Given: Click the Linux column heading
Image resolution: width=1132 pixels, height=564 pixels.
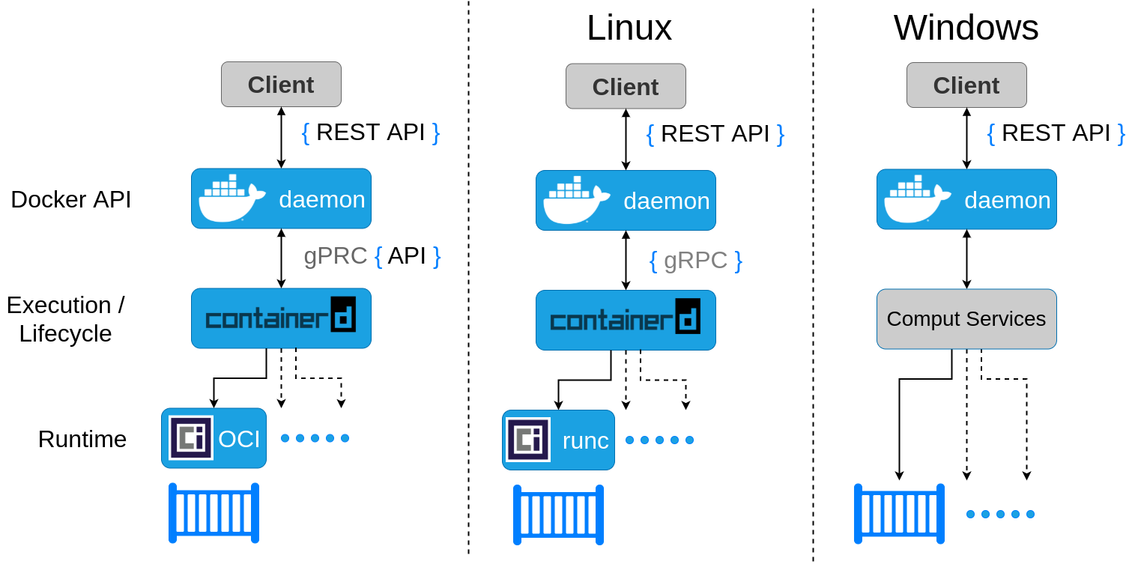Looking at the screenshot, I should (x=629, y=28).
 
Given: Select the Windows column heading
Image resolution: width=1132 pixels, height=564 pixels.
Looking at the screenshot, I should (x=966, y=28).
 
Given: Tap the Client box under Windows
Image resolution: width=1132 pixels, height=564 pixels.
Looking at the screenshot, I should (x=966, y=85).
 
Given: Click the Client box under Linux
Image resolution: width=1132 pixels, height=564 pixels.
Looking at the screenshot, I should (x=626, y=87).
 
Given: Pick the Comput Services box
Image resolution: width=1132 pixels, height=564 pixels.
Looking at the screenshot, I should (x=966, y=319).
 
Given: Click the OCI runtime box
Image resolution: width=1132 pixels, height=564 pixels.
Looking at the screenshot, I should (x=214, y=438).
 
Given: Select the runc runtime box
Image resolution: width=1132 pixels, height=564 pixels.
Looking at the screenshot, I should (x=558, y=440).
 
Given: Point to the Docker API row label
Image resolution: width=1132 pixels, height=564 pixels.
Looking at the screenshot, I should (x=71, y=200).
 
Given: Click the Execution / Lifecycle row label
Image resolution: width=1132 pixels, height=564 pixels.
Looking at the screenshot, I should (x=66, y=319).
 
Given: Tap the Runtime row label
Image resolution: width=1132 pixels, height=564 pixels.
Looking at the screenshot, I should (x=82, y=439).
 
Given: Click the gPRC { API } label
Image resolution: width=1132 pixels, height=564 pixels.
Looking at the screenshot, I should (x=372, y=256).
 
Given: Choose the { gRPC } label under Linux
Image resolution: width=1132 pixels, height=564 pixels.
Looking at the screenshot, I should (x=695, y=261).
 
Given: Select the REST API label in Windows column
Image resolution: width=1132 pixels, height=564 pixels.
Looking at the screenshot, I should (x=1056, y=133).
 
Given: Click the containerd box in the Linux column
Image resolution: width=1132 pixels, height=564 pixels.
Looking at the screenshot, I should (x=626, y=321).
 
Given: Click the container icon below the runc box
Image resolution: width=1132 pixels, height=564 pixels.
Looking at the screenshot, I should (x=558, y=515).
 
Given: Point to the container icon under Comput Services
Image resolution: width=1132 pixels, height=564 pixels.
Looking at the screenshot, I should (x=899, y=514).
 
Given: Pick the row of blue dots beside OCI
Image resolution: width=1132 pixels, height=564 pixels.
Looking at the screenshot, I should (x=315, y=438).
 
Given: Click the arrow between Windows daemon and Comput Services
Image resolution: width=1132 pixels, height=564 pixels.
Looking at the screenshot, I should (x=966, y=259).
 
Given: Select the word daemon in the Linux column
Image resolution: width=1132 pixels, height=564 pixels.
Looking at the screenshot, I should (x=666, y=201).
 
